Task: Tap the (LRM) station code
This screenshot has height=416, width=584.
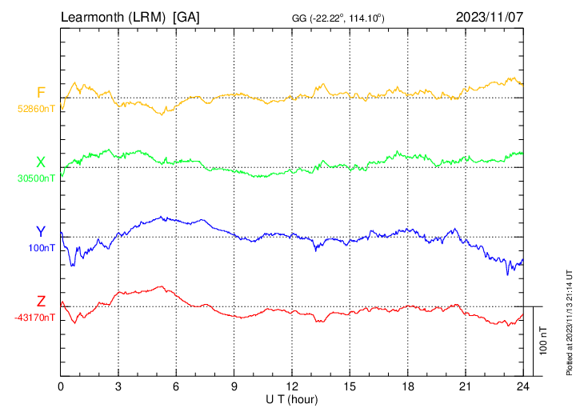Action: pos(151,17)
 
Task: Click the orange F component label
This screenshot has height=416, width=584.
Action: pos(41,93)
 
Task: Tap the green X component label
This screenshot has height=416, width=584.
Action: pos(41,162)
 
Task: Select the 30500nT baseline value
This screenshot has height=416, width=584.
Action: pos(37,178)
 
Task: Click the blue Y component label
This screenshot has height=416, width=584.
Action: pos(41,232)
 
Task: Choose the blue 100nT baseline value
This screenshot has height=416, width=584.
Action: pos(42,248)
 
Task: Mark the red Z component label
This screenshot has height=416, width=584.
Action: pos(41,302)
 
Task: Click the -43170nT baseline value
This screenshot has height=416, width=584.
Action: pos(35,318)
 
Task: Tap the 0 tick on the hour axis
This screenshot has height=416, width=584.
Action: pos(61,386)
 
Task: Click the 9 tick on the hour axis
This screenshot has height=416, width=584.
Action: pos(234,386)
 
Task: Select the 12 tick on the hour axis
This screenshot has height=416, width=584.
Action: pos(292,386)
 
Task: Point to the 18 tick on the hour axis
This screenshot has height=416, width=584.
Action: pos(407,386)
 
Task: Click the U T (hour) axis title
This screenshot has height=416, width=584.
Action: pos(292,398)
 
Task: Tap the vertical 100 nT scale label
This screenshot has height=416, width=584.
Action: pos(544,340)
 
